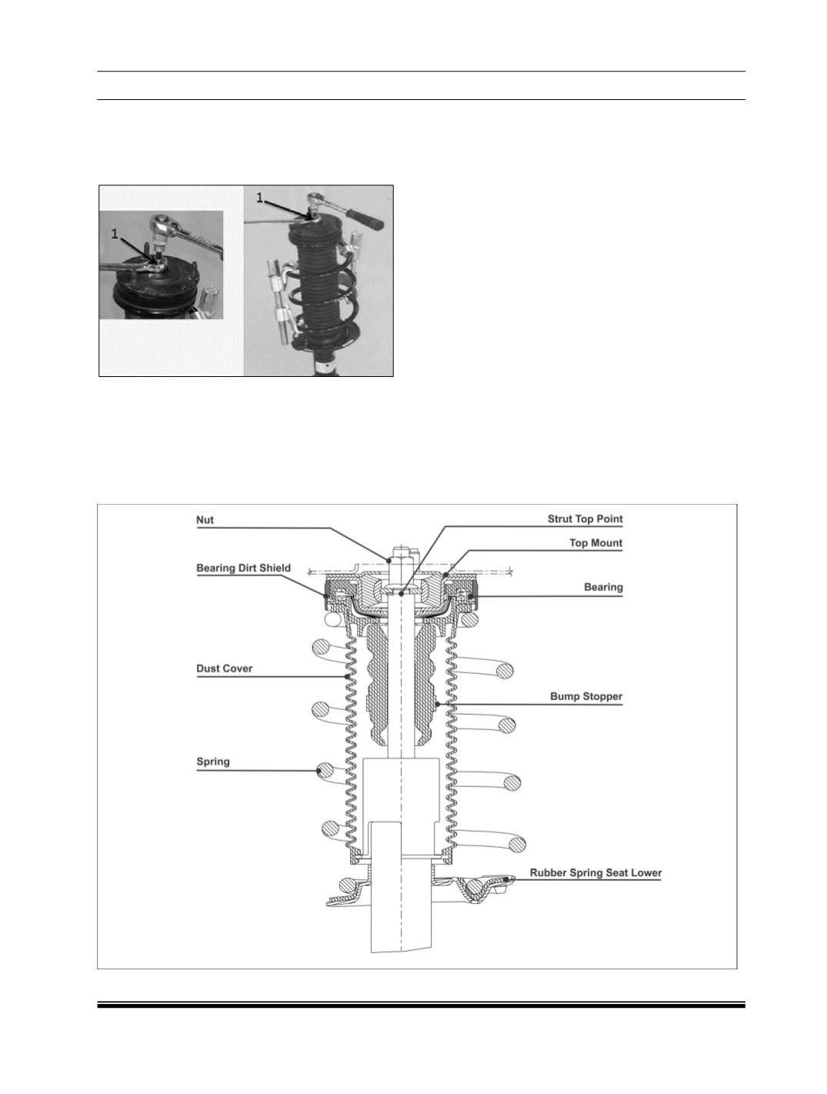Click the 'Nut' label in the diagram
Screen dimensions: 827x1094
[205, 520]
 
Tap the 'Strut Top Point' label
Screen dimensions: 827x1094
[585, 519]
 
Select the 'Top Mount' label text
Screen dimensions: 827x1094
[596, 542]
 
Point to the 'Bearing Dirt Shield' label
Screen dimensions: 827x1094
[243, 568]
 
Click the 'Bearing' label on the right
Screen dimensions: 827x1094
[603, 587]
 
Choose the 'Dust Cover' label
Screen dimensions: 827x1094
[224, 669]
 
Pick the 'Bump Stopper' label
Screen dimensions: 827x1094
[586, 696]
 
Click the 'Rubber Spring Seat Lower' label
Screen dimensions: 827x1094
[595, 872]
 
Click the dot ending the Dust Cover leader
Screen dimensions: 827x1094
[347, 676]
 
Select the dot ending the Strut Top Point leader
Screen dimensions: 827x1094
[401, 594]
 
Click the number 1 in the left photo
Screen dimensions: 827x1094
[115, 234]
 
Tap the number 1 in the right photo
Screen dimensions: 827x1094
[259, 198]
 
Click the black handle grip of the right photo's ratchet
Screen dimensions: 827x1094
[365, 218]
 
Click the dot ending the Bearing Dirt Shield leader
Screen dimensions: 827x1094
[326, 595]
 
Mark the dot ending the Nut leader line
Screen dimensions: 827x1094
[389, 560]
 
